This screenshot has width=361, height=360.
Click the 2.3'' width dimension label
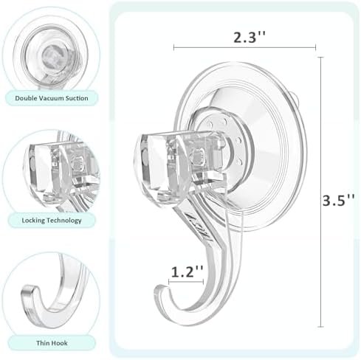coord(250,38)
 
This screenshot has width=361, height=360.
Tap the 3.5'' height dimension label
coord(338,200)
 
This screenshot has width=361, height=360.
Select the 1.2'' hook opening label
coord(188,271)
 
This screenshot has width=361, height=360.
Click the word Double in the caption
coord(25,98)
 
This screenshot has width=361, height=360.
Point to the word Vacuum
coord(50,98)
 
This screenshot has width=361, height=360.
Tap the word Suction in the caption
coord(77,98)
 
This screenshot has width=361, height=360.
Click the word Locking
coord(33,221)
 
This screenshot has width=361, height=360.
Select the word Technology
coord(63,221)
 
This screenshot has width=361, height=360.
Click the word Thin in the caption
coord(43,343)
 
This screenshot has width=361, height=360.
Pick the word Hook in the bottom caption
coord(59,343)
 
